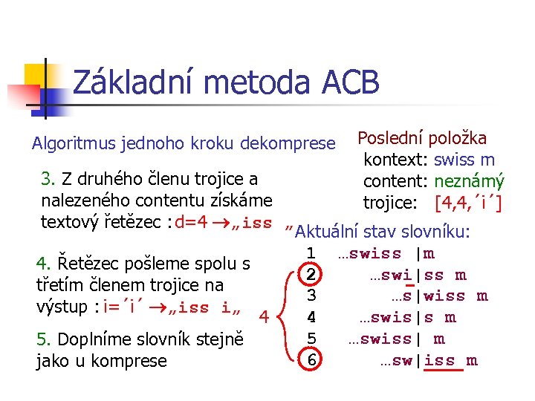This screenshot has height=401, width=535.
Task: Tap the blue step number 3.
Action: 49,179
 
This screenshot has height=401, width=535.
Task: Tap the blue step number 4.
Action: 43,263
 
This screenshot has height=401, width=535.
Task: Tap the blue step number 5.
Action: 43,339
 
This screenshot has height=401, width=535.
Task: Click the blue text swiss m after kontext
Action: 464,160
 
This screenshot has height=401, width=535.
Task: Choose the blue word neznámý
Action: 469,180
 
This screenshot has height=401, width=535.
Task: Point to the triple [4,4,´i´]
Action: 468,201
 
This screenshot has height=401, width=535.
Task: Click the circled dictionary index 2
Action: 312,275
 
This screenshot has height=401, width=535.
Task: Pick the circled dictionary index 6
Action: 312,360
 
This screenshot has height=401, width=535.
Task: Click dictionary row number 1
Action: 312,254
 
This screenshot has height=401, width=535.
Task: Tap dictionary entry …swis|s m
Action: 407,318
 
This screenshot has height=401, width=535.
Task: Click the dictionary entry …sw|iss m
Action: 428,361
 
